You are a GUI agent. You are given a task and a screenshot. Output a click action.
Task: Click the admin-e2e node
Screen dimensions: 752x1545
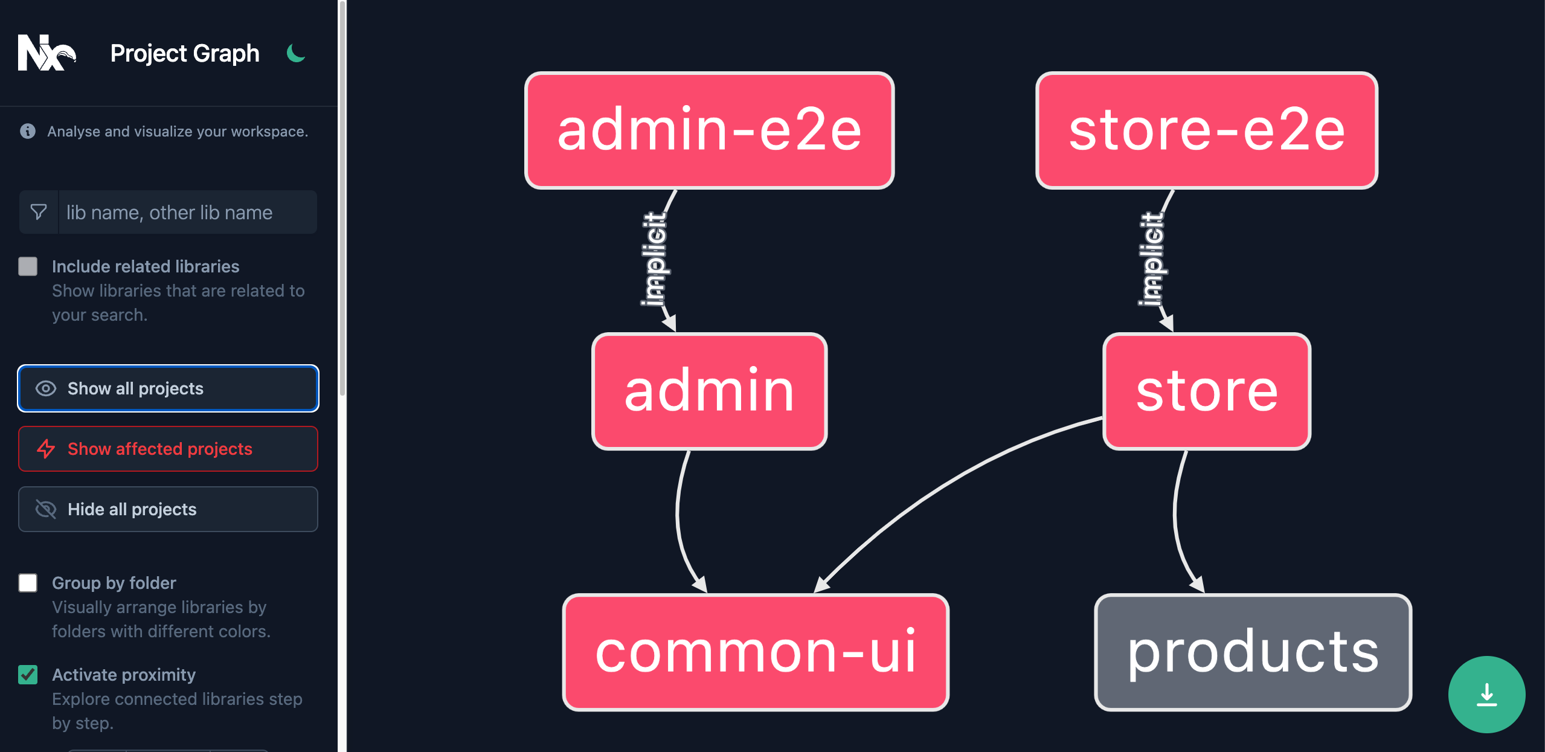click(709, 130)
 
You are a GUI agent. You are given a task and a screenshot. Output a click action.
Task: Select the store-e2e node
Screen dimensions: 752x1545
click(1206, 130)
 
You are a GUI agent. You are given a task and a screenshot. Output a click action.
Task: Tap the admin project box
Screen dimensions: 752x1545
click(709, 391)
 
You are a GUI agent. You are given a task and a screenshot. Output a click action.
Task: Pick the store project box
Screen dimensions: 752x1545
click(1206, 391)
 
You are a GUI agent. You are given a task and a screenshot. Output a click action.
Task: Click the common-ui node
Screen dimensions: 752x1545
click(755, 652)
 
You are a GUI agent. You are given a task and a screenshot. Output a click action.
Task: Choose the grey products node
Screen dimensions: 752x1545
click(1253, 652)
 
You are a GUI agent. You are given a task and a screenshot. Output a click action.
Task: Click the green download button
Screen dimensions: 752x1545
click(1486, 694)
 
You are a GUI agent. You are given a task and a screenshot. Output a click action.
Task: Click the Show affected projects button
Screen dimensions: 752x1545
click(168, 449)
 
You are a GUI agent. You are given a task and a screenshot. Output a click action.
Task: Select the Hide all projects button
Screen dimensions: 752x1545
click(168, 509)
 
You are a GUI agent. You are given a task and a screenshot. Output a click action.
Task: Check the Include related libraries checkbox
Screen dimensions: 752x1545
click(28, 266)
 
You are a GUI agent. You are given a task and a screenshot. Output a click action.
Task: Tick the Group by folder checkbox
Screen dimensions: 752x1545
click(28, 583)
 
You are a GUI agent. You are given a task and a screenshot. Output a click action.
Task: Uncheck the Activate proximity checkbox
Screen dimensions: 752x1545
click(28, 675)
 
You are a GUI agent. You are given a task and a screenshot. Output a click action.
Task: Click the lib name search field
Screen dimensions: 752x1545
click(187, 213)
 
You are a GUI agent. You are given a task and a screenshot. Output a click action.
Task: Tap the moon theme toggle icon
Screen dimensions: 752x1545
click(295, 53)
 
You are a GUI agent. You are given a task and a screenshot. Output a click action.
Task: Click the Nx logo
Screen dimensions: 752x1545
click(47, 53)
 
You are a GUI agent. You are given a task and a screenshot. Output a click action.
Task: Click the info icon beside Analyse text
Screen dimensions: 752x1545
click(28, 131)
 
